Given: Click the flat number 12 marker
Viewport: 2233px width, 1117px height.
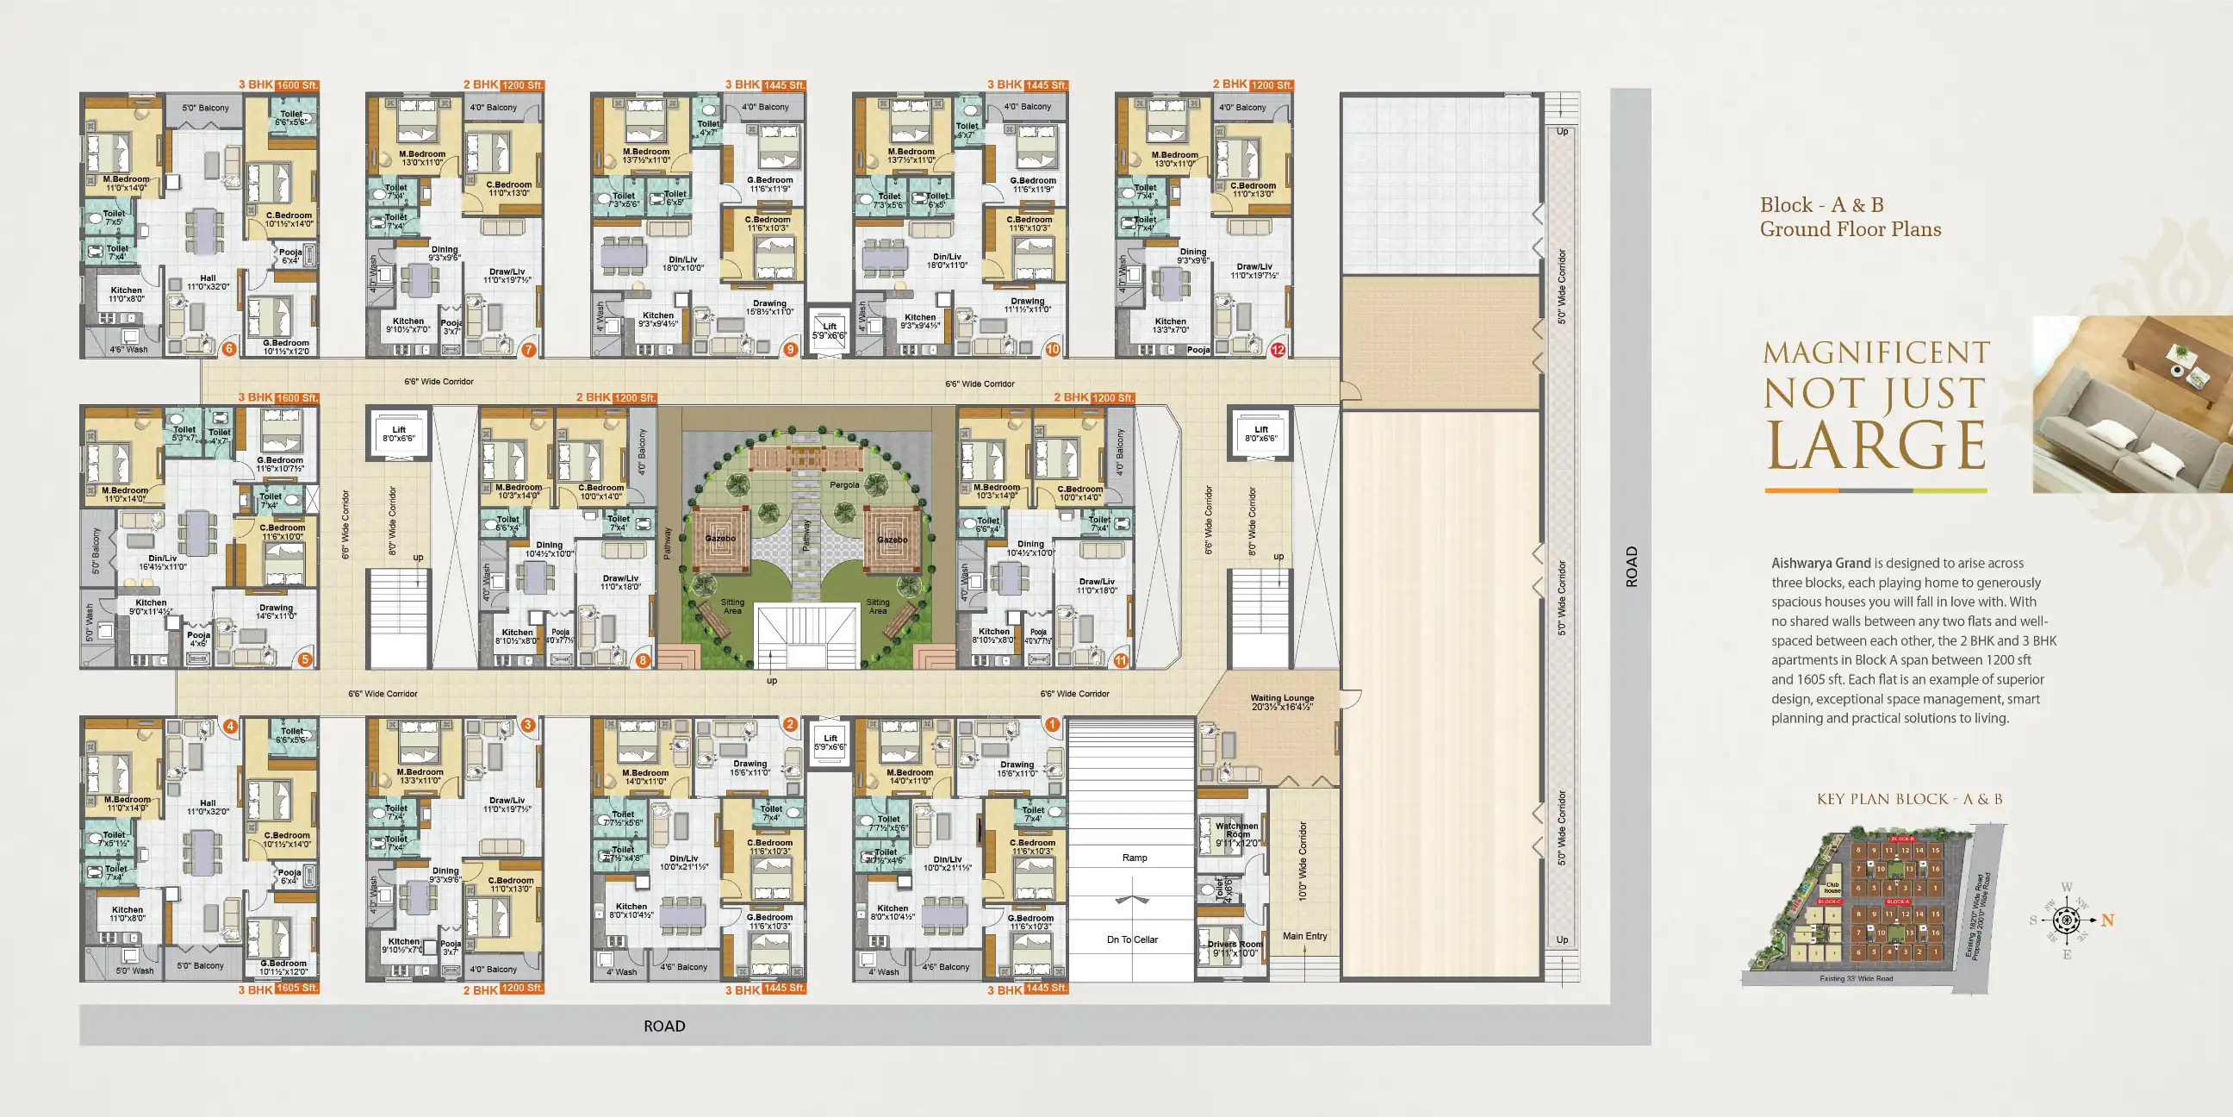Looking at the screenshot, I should click(1278, 351).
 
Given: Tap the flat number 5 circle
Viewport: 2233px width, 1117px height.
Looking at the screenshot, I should click(304, 659).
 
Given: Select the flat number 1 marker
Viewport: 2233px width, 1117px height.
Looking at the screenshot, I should click(1052, 724).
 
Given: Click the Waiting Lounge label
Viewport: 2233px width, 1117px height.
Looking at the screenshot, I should click(1281, 702).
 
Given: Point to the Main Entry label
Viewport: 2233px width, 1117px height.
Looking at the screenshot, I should click(1304, 936).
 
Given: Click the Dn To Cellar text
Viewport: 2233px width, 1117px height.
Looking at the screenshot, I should click(1132, 939).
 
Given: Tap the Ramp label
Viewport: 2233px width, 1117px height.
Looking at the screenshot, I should click(1134, 858).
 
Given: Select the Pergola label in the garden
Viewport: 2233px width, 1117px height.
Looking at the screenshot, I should click(843, 484).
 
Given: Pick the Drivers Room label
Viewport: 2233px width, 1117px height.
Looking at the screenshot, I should click(1235, 948).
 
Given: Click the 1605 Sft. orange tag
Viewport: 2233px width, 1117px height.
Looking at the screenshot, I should click(296, 988).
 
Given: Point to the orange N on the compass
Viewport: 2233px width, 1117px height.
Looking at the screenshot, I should click(2107, 920).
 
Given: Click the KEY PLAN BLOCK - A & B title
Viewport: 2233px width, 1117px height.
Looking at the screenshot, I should click(1909, 799).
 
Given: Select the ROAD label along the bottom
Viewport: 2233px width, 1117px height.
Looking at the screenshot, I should click(664, 1026).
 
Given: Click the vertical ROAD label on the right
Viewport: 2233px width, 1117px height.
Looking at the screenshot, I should click(1632, 566).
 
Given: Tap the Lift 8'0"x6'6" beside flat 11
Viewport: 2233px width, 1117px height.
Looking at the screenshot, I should click(1260, 434).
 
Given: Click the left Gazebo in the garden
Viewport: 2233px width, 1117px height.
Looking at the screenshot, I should click(719, 539).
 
